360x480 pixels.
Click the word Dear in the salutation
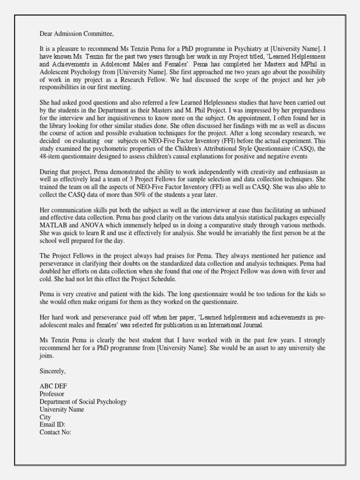47,34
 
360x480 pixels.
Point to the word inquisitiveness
134,118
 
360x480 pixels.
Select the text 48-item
50,156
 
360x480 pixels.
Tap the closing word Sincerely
53,371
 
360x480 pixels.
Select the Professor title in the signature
52,394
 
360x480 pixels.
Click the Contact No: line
55,432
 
